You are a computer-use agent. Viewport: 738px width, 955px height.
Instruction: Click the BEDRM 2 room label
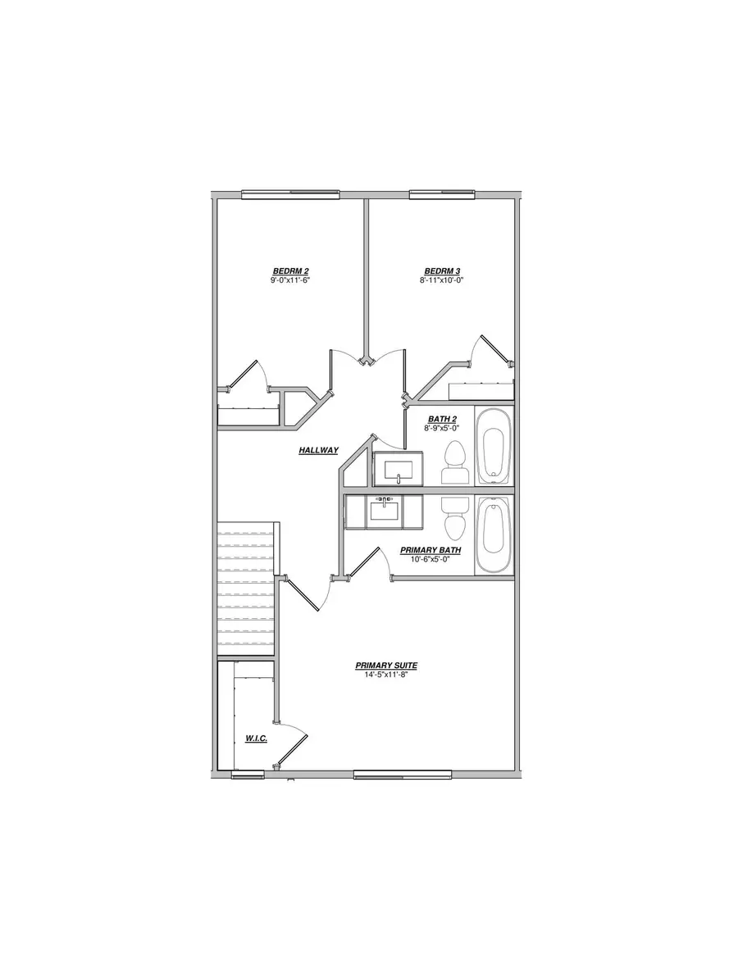290,271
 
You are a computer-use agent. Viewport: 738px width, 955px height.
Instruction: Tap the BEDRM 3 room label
441,271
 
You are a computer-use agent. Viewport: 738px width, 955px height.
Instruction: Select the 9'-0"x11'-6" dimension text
290,280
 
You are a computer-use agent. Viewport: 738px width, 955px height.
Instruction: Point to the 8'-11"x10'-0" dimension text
441,280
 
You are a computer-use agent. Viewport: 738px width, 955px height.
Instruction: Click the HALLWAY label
318,450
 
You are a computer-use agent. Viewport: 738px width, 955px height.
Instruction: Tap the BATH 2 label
441,419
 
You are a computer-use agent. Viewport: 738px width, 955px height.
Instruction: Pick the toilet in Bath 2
454,462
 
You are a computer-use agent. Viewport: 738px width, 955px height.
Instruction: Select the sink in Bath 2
399,469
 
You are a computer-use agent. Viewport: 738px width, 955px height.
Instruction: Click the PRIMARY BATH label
430,550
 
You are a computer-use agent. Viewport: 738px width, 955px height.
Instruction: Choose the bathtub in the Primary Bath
493,533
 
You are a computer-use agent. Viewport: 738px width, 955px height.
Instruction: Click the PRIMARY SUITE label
384,666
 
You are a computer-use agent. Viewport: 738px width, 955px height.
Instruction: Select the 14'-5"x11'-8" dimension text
384,675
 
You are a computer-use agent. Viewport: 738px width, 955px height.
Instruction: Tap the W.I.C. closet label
256,739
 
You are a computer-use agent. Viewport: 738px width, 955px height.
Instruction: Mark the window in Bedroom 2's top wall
290,194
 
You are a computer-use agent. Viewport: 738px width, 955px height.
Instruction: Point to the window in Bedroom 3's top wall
443,194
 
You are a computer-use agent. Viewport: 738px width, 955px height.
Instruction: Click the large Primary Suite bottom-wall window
403,773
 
